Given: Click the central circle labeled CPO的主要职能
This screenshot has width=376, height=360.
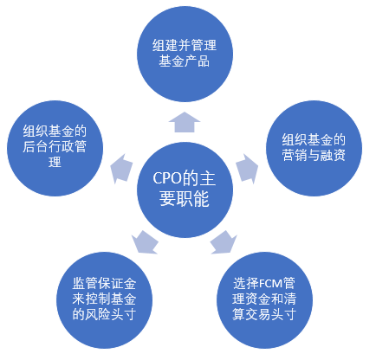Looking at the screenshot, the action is [x=185, y=190].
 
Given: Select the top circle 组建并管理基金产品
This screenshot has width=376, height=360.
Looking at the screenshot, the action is [x=185, y=54].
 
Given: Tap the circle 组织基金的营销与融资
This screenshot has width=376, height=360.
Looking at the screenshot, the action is [x=314, y=148].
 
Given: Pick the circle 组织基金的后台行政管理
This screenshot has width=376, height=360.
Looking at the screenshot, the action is [x=55, y=148].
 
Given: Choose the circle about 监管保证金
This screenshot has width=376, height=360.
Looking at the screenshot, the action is [x=104, y=300].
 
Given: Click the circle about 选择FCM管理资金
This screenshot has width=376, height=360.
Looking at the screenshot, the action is [x=264, y=300].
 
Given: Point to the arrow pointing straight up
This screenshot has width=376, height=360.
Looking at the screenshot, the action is [x=185, y=122].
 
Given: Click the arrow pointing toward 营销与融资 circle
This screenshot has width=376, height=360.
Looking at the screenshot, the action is [x=247, y=169].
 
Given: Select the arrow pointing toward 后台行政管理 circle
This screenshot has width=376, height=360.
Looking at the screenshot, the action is [x=122, y=169].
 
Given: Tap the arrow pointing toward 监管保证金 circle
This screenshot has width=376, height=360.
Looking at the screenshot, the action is [x=145, y=242].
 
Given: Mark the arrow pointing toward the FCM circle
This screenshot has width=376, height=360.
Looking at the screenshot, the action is [x=224, y=242].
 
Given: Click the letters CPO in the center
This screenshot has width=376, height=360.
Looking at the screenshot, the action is [x=165, y=178].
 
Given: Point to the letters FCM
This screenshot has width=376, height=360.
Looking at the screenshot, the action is [x=270, y=284].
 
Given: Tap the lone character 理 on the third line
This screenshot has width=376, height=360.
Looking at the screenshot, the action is [x=55, y=162].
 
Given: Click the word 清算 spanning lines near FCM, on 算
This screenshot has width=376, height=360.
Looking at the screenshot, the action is [x=239, y=314].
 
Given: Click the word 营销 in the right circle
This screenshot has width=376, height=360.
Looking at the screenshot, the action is [x=295, y=155].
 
